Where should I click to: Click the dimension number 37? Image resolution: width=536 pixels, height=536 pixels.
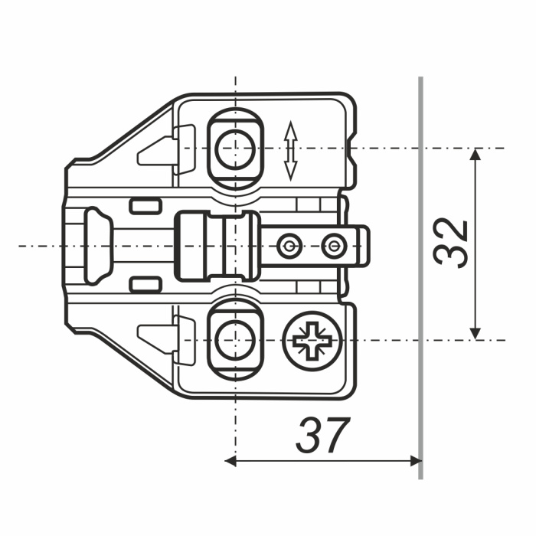coord(323,435)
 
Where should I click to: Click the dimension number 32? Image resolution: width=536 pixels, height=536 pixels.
coord(450,243)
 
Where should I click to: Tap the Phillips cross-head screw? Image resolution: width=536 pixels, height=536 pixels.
coord(312,341)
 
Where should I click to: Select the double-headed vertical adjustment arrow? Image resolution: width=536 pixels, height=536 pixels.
coord(290,150)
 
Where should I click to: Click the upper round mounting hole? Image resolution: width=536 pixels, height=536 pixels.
coord(236,149)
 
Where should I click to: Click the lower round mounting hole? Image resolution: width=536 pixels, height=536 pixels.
coord(236,341)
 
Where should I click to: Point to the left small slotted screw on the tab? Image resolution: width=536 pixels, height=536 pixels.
coord(289,246)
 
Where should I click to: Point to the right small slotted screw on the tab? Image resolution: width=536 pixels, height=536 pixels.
coord(334,246)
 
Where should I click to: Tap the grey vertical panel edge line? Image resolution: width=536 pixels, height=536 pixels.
coord(420,277)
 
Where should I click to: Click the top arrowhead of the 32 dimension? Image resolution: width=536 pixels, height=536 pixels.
coord(476,154)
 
